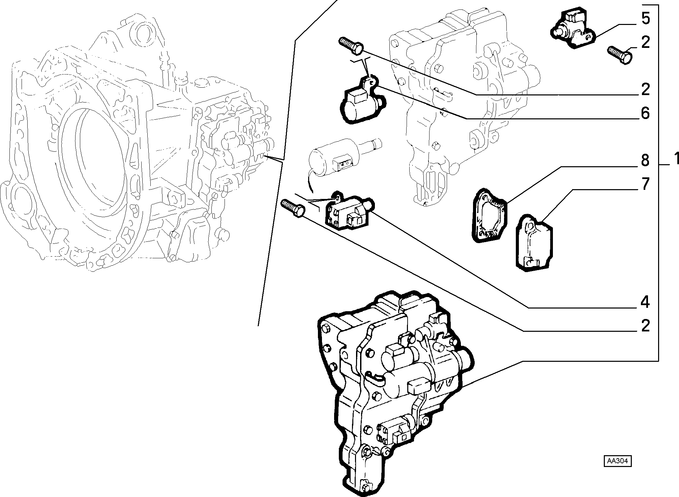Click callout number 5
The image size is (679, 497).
coord(645,19)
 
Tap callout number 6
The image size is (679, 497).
coord(645,113)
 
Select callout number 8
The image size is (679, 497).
coord(645,160)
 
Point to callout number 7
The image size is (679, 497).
coord(645,184)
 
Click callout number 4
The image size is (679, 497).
coord(645,302)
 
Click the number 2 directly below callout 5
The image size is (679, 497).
coord(645,42)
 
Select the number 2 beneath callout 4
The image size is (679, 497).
coord(645,326)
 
